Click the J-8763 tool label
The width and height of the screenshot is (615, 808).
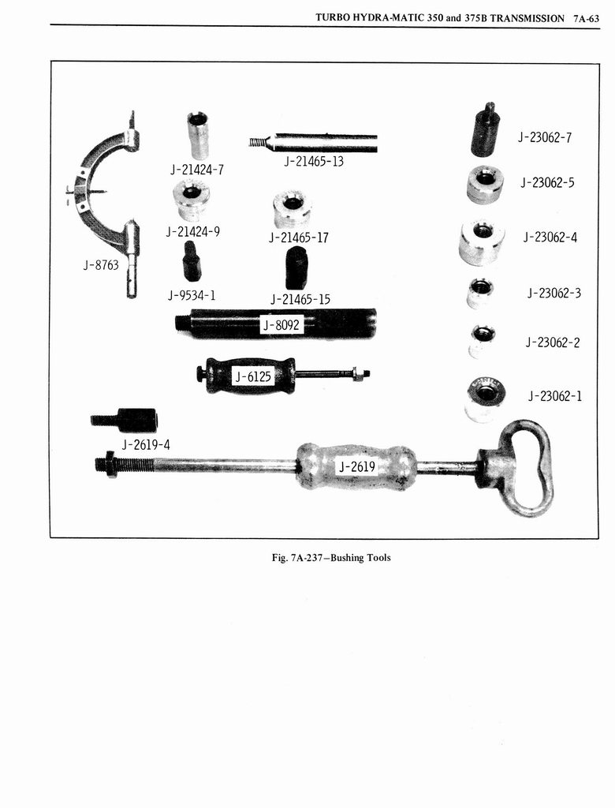[101, 265]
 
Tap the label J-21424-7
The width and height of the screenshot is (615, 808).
[196, 169]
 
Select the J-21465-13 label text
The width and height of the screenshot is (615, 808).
[314, 162]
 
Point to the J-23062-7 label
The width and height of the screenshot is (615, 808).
[544, 137]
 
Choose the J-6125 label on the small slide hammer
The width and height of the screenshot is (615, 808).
[252, 377]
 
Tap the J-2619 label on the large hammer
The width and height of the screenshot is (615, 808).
[356, 467]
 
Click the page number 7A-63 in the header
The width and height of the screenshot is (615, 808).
[587, 17]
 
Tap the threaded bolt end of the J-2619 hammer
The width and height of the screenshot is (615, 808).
[106, 464]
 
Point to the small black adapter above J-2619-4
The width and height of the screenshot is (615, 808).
[126, 420]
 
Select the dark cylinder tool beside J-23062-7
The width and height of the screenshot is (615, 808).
[485, 132]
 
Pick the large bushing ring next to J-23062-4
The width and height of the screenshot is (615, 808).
[482, 241]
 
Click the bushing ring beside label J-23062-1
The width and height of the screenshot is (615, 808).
[485, 398]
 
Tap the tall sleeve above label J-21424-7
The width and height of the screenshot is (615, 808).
[197, 135]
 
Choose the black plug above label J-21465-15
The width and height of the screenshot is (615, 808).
[296, 268]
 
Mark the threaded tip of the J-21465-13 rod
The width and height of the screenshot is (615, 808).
[255, 143]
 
